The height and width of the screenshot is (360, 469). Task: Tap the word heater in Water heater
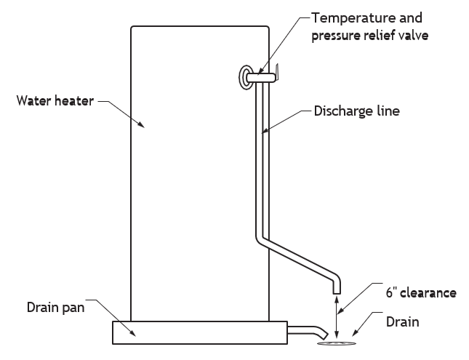pos(74,101)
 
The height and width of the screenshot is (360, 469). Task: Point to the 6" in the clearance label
pos(390,292)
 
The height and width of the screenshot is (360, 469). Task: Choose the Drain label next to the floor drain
pos(402,322)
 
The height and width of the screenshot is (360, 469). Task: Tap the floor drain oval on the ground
pos(337,343)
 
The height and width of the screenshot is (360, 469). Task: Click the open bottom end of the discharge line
pos(337,293)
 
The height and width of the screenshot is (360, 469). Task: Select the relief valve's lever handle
pos(277,72)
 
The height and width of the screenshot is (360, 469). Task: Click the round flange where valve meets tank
pos(244,77)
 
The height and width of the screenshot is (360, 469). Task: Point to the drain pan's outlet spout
pos(308,332)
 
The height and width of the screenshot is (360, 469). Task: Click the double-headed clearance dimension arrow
pos(337,316)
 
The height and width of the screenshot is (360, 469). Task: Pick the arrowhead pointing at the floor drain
pos(355,332)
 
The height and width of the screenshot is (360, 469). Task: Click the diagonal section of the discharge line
pos(298,258)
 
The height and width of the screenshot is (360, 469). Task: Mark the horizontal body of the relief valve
pos(260,78)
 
